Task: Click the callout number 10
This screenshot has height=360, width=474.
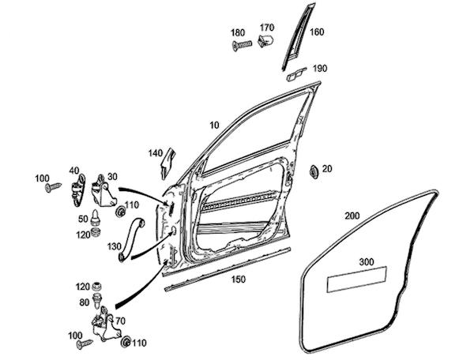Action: click(214, 126)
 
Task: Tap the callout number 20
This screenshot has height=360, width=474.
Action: click(327, 168)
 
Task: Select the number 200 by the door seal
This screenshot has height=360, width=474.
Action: click(352, 215)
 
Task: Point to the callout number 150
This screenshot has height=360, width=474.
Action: click(237, 279)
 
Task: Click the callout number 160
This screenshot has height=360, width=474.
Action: click(317, 32)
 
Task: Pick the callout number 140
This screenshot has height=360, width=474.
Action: click(155, 152)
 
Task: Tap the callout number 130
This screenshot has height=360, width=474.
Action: click(113, 246)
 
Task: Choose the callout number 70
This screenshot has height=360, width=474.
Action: click(121, 321)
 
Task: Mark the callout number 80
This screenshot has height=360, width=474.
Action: click(84, 301)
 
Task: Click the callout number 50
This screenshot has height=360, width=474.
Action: click(83, 219)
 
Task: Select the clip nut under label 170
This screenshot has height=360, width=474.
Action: click(266, 39)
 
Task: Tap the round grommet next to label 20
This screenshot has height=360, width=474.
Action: click(314, 170)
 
